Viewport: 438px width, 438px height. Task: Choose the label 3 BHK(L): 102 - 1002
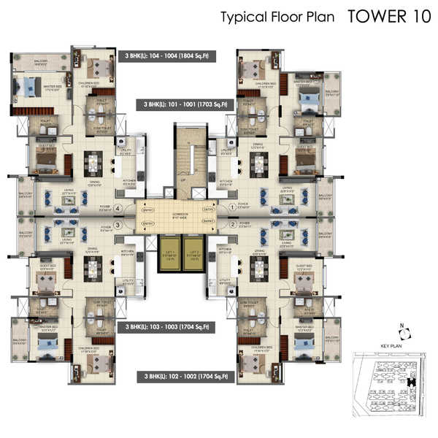pos(186,377)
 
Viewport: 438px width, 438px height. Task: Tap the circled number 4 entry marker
pos(118,207)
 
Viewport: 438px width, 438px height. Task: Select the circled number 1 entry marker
pos(232,207)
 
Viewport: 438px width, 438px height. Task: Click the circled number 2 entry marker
pos(232,225)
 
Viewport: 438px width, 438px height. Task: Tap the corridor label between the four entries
pos(181,216)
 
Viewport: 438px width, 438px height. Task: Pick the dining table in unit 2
pos(258,268)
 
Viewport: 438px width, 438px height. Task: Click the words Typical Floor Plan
pos(277,18)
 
